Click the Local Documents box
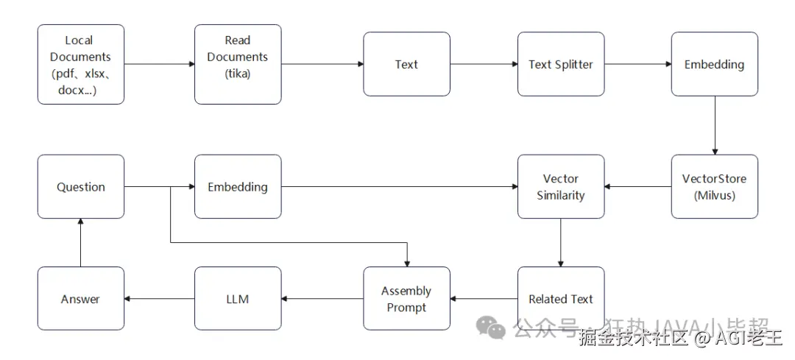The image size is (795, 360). tap(81, 64)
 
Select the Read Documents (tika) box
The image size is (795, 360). tap(238, 64)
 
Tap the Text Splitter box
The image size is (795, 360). tap(561, 64)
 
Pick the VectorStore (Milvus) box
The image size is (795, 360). tap(714, 186)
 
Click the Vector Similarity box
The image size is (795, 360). tap(561, 186)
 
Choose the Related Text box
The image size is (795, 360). tap(561, 298)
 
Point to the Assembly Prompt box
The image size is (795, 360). tap(406, 298)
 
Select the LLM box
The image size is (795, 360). tap(238, 298)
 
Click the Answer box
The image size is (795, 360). tap(81, 298)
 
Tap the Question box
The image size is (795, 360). tap(81, 186)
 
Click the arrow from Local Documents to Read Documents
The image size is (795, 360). tap(159, 64)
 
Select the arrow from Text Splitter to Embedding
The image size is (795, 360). tap(637, 64)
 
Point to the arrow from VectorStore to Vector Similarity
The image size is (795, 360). tap(637, 186)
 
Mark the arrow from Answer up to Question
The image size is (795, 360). tap(81, 242)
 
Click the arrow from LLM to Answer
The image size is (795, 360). tap(159, 298)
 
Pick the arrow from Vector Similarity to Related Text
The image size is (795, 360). tap(561, 242)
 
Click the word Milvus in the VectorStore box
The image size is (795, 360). tap(715, 195)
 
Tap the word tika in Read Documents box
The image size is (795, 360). tap(238, 73)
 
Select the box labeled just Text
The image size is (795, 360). tap(406, 64)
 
